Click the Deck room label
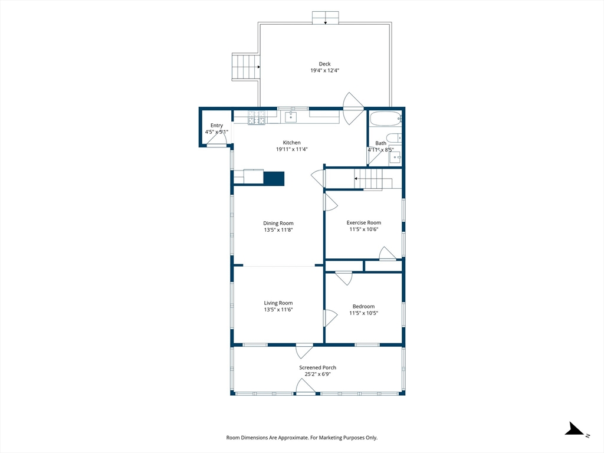[325, 64]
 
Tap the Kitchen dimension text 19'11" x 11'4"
[291, 149]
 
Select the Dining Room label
[278, 223]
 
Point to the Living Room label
[278, 303]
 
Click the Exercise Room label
[363, 222]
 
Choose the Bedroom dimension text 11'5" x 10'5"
[363, 313]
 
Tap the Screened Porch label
[317, 367]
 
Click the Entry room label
[216, 125]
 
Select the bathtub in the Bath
[386, 119]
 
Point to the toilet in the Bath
[393, 137]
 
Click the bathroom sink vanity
[395, 157]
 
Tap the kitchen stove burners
[257, 117]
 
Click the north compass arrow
[575, 429]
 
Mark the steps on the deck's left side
[245, 67]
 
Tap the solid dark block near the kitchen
[274, 179]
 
